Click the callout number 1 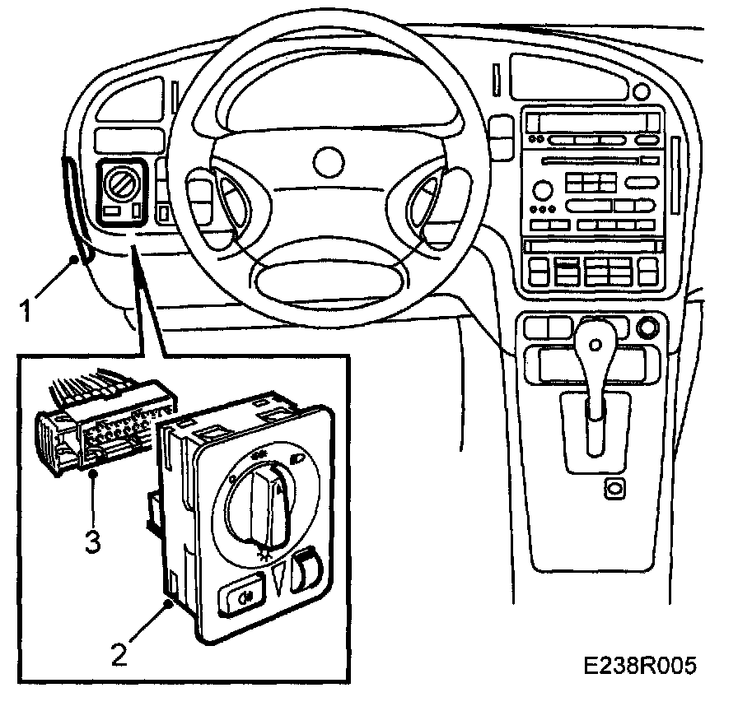click(x=27, y=311)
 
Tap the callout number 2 click(x=120, y=654)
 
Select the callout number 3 click(x=93, y=541)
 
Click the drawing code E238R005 click(x=641, y=665)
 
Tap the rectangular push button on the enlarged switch click(x=239, y=599)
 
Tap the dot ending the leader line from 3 click(x=95, y=475)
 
